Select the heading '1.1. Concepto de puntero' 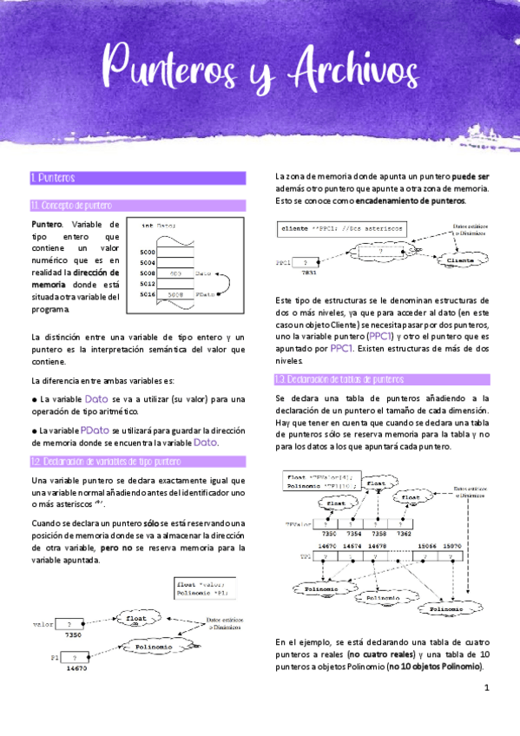point(71,206)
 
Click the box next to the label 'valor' point(69,623)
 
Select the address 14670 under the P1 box point(77,668)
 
